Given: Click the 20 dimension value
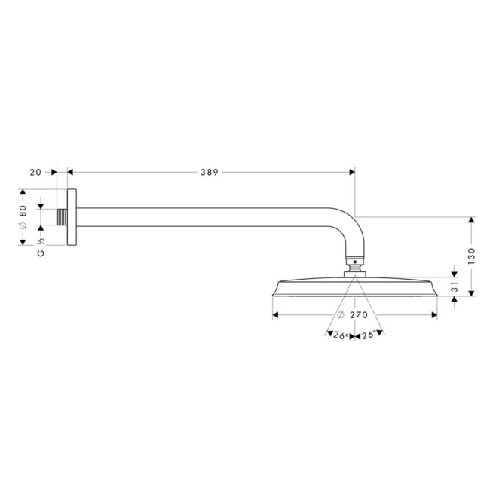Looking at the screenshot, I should point(35,173).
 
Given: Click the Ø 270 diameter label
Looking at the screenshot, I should point(355,314).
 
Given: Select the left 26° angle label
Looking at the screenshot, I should point(339,335).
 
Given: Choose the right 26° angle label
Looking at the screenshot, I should point(369,335).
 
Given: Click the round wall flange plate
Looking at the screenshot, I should point(71,216).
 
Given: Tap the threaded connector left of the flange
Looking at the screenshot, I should point(61,216).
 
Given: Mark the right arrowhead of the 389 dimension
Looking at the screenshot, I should point(351,173).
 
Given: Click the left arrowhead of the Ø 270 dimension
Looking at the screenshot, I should point(275,314).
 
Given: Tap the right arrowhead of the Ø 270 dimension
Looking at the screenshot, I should point(434,314).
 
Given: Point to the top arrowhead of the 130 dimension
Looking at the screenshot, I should point(471,220).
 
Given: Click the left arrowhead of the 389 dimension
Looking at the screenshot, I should point(71,173).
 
